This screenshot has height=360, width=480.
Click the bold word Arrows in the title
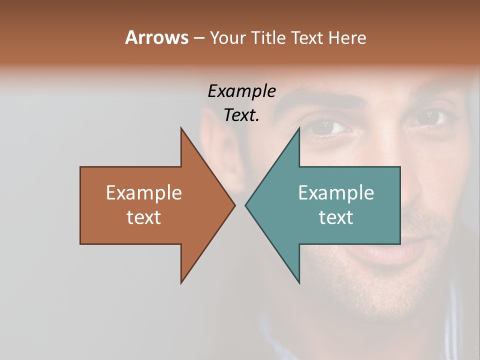tap(156, 37)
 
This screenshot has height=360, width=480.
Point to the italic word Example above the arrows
tap(241, 91)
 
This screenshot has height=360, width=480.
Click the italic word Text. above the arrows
tap(241, 115)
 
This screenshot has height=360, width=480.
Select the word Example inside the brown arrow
tap(144, 193)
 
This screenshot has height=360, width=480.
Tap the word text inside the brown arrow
tap(144, 217)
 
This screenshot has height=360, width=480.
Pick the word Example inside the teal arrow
tap(336, 193)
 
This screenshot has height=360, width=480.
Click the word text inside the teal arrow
tap(336, 217)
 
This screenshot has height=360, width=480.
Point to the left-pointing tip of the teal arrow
tap(246, 205)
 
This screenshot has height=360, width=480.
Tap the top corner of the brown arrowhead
tap(181, 128)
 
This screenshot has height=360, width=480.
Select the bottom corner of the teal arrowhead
tap(299, 282)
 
